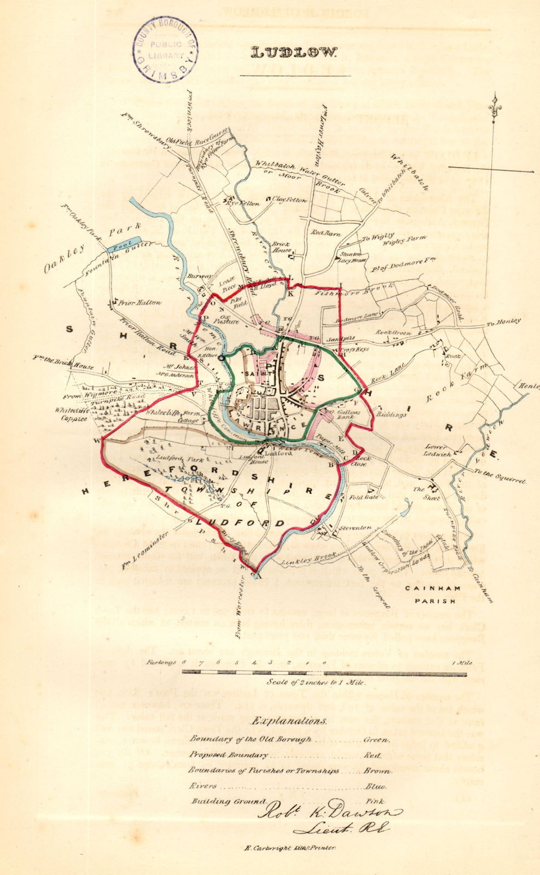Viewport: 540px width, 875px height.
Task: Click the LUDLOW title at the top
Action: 294,53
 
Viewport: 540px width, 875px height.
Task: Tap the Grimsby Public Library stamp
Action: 165,50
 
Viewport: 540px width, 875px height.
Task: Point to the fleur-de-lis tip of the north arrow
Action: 496,102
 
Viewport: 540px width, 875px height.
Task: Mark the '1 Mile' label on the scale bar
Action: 461,663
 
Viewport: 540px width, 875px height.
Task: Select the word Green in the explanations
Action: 376,739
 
